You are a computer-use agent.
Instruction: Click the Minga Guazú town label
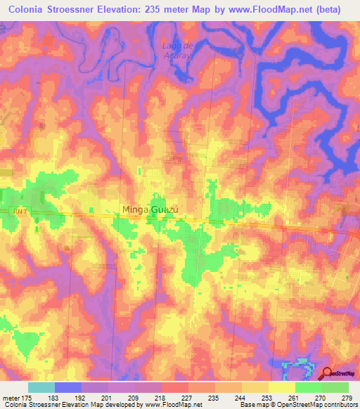(x=151, y=209)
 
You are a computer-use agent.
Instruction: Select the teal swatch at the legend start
(x=41, y=387)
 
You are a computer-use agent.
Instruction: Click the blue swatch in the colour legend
(x=68, y=387)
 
